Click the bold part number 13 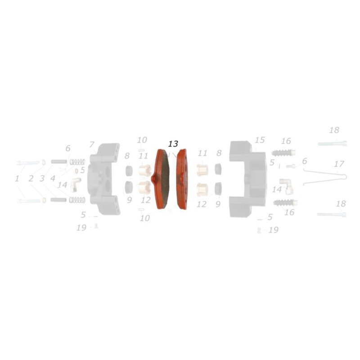click(x=173, y=144)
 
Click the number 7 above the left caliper click(x=91, y=145)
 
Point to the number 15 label click(x=260, y=140)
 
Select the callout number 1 click(x=17, y=179)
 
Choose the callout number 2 click(x=31, y=179)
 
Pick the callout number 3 click(x=42, y=179)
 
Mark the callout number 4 click(x=53, y=179)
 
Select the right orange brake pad click(x=182, y=179)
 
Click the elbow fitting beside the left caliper click(x=75, y=184)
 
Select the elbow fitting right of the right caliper click(x=286, y=184)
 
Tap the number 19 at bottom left click(x=81, y=228)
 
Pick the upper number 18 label click(x=334, y=130)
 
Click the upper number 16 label click(x=286, y=141)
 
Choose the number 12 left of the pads click(x=145, y=200)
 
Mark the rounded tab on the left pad click(x=154, y=180)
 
